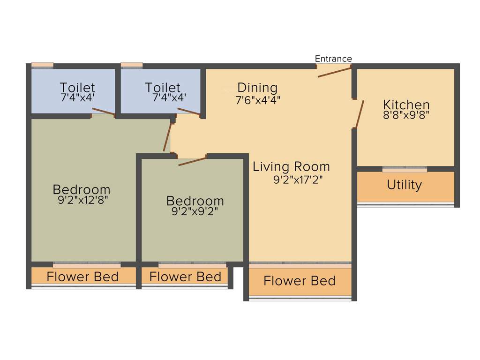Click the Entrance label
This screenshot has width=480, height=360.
tap(333, 59)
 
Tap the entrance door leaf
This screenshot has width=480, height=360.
tap(334, 72)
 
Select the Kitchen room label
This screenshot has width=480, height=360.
tap(406, 104)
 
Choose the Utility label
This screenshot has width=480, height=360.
tap(404, 185)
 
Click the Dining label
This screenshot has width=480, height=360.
tap(257, 88)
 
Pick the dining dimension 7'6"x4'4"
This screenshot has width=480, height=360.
tap(258, 99)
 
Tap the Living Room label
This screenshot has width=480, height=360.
tap(291, 166)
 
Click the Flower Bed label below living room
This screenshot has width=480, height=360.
tap(299, 281)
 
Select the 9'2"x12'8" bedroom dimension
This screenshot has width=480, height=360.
tap(82, 201)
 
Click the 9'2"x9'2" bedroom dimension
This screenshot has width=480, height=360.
tap(195, 211)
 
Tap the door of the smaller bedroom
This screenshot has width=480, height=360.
tap(192, 161)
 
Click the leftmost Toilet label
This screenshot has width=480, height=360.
tap(77, 88)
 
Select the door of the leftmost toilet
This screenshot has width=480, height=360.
tap(103, 112)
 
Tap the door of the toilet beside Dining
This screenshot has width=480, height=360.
tap(188, 112)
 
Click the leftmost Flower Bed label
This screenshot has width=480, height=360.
tap(82, 277)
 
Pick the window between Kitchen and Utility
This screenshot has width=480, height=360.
tap(405, 170)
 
